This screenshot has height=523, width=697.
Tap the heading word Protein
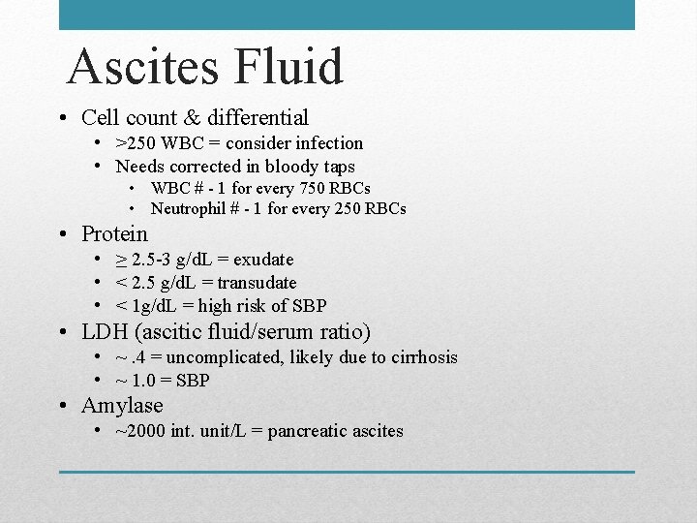[114, 233]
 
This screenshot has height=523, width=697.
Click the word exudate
[261, 260]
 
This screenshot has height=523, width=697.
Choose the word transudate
[258, 283]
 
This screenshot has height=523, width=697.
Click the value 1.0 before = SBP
[142, 381]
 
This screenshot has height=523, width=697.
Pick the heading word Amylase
[122, 405]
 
